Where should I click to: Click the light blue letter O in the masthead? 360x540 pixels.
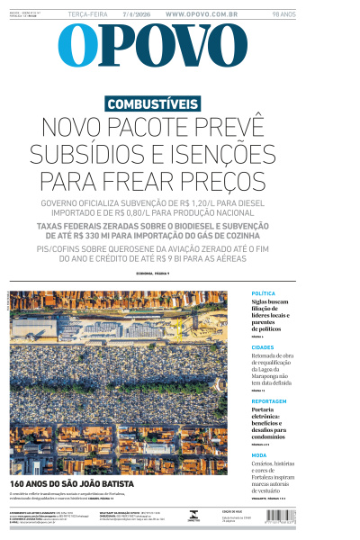[x=78, y=46]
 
